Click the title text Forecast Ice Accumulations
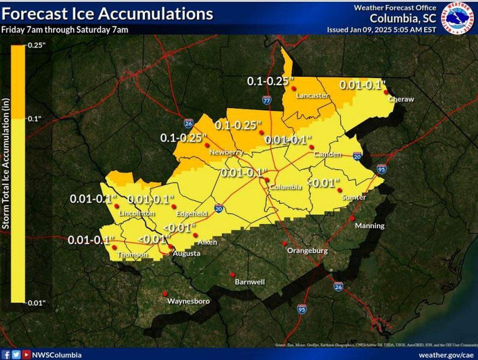(107, 14)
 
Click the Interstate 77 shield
(267, 100)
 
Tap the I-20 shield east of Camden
(357, 156)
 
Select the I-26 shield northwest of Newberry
(188, 123)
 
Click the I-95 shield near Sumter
(381, 169)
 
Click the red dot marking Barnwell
(232, 275)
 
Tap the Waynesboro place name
(188, 301)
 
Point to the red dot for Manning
(353, 218)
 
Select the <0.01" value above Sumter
(323, 183)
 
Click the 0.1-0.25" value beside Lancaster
(269, 82)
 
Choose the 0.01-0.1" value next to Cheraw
(362, 85)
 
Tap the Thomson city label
(132, 255)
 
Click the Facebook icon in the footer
(7, 355)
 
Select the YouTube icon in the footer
(26, 355)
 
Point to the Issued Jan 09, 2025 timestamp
(382, 30)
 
